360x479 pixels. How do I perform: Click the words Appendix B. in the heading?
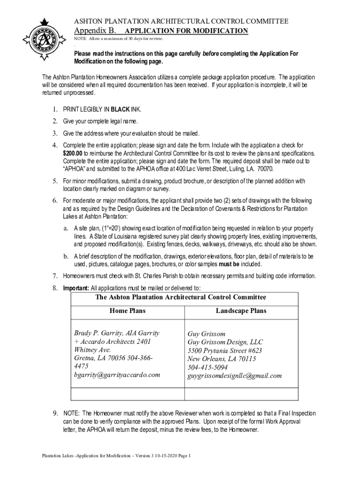click(95, 31)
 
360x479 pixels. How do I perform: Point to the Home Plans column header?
click(127, 311)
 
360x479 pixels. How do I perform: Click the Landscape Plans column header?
click(241, 311)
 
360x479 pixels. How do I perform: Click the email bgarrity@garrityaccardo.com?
click(117, 375)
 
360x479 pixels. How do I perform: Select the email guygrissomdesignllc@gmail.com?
click(235, 376)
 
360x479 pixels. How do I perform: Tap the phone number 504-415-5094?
click(211, 367)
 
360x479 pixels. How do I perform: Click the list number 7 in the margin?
click(55, 276)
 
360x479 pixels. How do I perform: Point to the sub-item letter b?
click(67, 257)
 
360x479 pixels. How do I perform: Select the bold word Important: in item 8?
click(76, 288)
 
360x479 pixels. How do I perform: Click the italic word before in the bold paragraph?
click(211, 54)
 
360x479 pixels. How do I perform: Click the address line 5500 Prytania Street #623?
click(224, 351)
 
